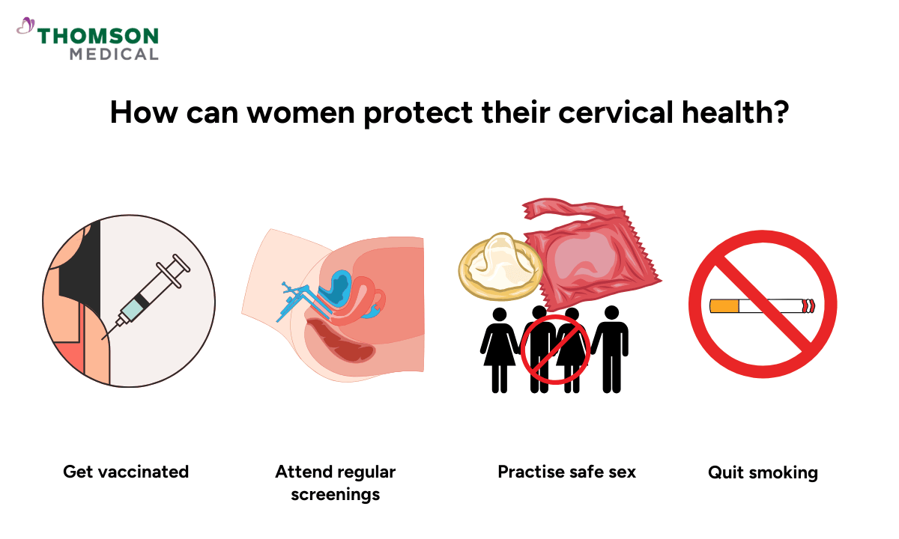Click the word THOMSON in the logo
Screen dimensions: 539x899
click(x=98, y=37)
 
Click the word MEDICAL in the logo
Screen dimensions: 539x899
click(x=114, y=54)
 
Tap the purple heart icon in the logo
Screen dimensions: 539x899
click(x=25, y=27)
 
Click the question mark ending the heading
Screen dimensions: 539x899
click(x=780, y=113)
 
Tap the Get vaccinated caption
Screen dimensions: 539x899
click(x=126, y=472)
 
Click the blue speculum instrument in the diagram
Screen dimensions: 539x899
click(x=296, y=299)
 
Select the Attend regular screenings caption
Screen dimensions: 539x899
click(x=335, y=483)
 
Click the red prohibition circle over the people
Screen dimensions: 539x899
click(x=554, y=349)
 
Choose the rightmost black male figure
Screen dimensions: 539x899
click(x=611, y=347)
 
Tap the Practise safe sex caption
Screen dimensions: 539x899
click(x=566, y=472)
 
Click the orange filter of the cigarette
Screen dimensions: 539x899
click(x=724, y=305)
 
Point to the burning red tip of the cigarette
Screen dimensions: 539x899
click(x=808, y=305)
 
